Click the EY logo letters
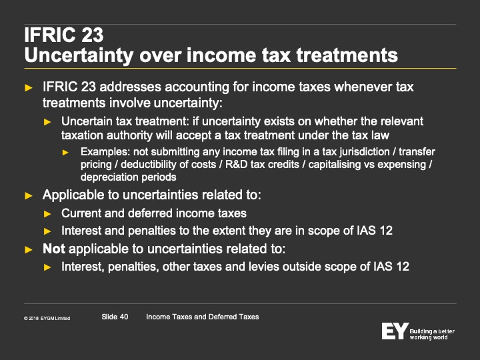click(x=395, y=331)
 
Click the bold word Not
click(x=53, y=249)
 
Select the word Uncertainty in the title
click(x=79, y=56)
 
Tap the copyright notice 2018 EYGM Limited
click(x=47, y=319)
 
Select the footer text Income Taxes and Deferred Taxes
click(x=203, y=317)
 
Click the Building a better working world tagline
click(x=432, y=334)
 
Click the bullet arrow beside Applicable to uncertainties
click(x=29, y=195)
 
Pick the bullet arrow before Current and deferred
click(x=47, y=214)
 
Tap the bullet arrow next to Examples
click(x=65, y=152)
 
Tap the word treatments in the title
click(x=347, y=56)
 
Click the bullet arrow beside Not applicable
click(x=29, y=249)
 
